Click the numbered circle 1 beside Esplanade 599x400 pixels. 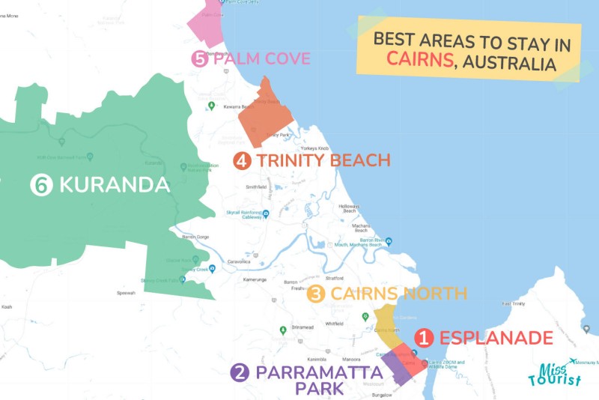coord(425,339)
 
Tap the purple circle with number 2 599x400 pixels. coord(240,373)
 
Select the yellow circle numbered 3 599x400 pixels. coord(316,294)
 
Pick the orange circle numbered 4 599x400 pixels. coord(242,160)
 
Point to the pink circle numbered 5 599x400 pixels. coord(199,59)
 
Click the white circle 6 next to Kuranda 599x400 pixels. coord(41,185)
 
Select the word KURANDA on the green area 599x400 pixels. coord(114,185)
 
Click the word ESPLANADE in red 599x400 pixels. coord(496,339)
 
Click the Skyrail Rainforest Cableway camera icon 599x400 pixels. coord(219,213)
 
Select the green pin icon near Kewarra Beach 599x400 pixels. coord(211,106)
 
